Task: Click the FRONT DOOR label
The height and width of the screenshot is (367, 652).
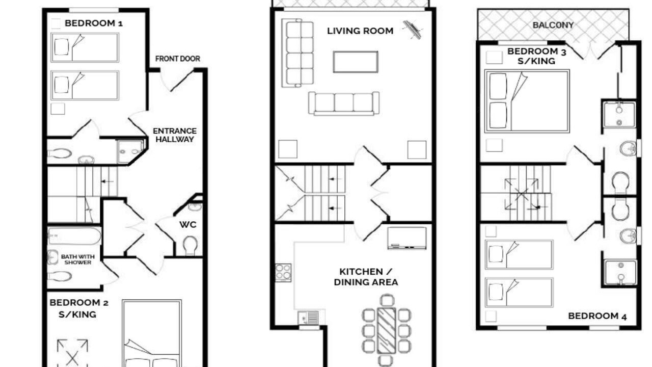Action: [x=178, y=59]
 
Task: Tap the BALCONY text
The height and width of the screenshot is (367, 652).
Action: [x=553, y=25]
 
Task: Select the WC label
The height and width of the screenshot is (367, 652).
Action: [x=188, y=225]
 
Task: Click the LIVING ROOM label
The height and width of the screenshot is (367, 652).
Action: [x=360, y=31]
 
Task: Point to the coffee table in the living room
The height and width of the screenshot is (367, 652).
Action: [x=356, y=62]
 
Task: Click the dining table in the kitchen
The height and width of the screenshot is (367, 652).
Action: [x=386, y=330]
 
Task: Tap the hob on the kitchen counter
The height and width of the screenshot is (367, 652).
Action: [x=283, y=273]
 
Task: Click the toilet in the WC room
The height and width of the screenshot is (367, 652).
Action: [x=190, y=245]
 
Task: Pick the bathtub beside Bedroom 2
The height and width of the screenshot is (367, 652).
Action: [x=74, y=236]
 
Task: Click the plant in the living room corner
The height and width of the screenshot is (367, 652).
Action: [x=413, y=30]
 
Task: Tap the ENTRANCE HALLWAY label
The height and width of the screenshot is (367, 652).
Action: [x=175, y=135]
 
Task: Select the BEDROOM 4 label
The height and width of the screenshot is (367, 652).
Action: [x=597, y=316]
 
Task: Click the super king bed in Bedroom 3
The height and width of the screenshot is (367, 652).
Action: [x=527, y=101]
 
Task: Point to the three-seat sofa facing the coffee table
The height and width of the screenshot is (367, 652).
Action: [x=344, y=103]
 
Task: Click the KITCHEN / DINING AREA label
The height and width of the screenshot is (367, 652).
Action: [x=366, y=277]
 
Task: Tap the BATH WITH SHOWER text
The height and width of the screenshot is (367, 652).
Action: [x=78, y=259]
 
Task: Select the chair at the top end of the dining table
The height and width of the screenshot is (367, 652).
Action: [x=387, y=300]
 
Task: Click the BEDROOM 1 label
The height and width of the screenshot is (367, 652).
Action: [x=93, y=23]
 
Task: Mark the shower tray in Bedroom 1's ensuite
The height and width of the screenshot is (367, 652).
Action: [x=130, y=151]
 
